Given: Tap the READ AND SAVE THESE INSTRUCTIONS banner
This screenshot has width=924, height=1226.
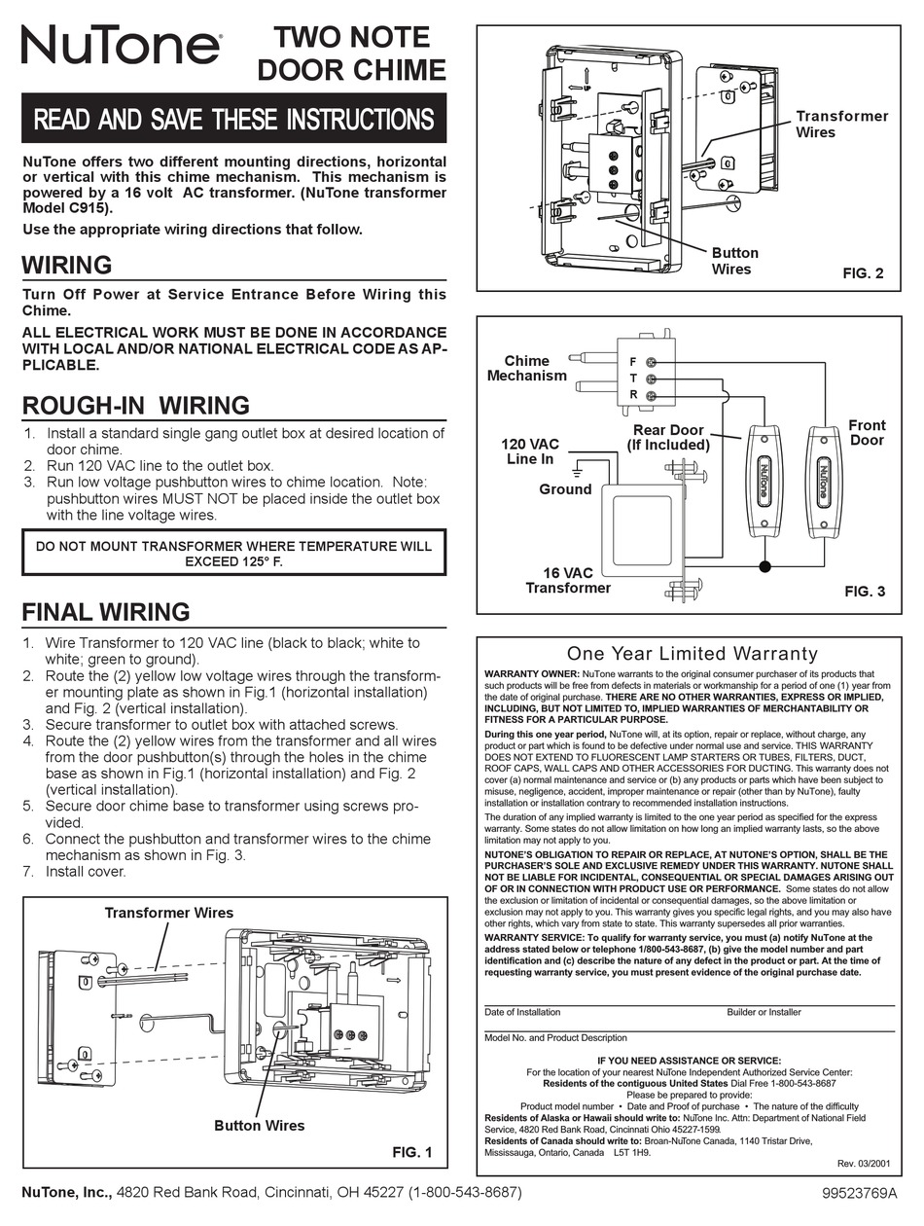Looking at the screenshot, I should coord(233,119).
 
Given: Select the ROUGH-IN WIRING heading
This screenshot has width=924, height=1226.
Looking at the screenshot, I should coord(136,405).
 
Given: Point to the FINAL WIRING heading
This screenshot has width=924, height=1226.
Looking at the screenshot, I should coord(105,611).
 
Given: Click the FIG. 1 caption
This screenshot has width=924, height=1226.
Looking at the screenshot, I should coord(411,1152).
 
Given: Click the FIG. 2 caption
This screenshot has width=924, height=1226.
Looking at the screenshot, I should coord(863,274).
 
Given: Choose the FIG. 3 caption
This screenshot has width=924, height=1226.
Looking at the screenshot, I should coord(863,591).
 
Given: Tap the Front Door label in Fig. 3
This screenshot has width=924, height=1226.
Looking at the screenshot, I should coord(867,433).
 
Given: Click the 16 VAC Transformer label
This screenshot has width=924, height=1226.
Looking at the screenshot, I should coord(568,581).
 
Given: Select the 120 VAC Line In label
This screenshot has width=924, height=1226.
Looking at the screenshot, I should coord(529,451).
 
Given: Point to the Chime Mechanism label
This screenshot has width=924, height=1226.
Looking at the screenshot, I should coord(526,368).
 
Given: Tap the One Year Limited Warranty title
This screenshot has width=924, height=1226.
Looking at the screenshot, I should coord(692,654).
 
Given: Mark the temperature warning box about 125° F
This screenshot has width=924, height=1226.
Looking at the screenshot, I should coord(233,554).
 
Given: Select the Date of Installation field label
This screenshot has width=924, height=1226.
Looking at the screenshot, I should coord(522,1012).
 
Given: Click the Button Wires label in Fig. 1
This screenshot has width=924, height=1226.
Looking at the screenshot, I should coord(259,1125).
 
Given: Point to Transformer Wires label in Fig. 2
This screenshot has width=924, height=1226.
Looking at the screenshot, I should coord(841,124).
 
